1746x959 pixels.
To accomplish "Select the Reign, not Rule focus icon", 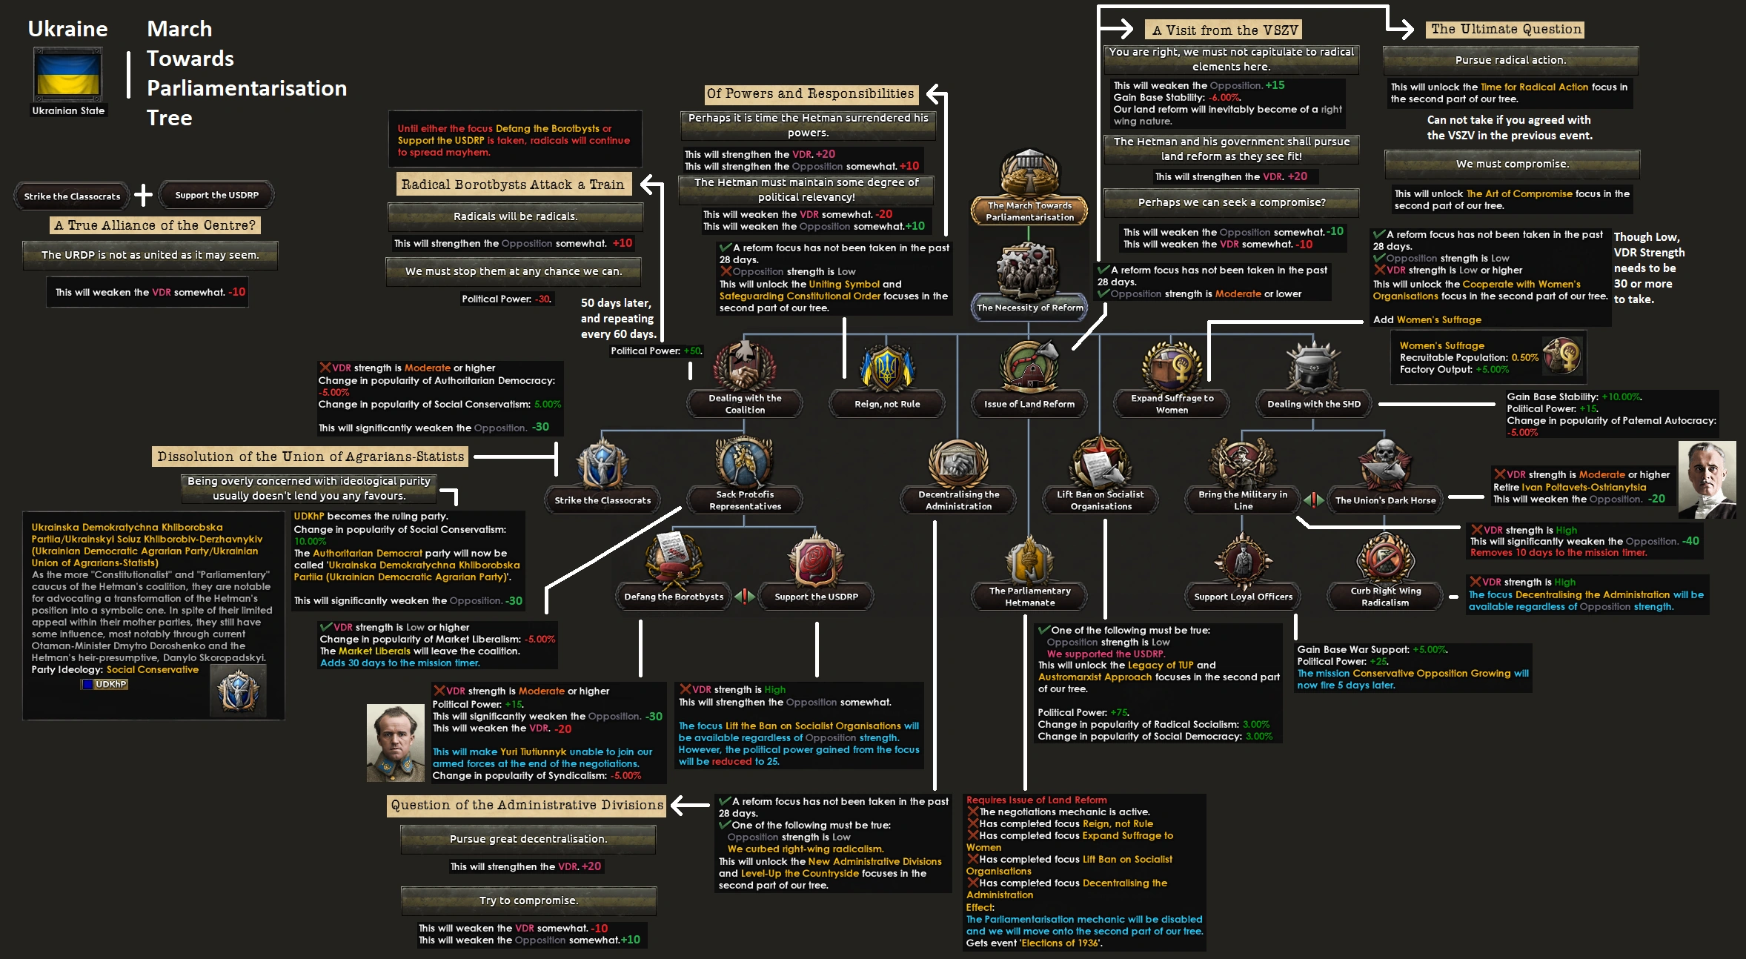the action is pyautogui.click(x=886, y=368).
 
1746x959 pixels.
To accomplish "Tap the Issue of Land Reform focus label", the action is pyautogui.click(x=1029, y=404).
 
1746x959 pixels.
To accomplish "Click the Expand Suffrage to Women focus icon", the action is pyautogui.click(x=1172, y=367).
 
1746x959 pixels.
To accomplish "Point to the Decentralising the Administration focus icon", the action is pyautogui.click(x=958, y=465).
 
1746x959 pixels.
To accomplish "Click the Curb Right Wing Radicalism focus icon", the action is pyautogui.click(x=1384, y=560).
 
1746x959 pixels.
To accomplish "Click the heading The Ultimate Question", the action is pyautogui.click(x=1506, y=30).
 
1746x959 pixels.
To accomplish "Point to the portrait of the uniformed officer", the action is pyautogui.click(x=395, y=743).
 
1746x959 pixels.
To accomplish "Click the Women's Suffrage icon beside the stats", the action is pyautogui.click(x=1561, y=355).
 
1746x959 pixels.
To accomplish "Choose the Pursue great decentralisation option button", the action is pyautogui.click(x=528, y=839).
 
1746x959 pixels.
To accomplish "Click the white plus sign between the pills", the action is pyautogui.click(x=143, y=196).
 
